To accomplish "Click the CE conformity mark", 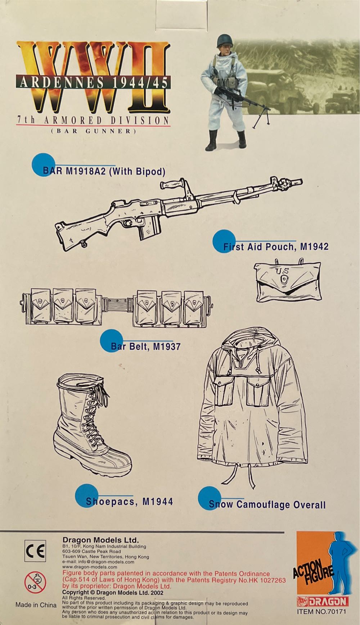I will click(x=35, y=551).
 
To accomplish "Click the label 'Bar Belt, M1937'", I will click(x=145, y=347).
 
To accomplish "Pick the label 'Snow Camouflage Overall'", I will click(x=267, y=504).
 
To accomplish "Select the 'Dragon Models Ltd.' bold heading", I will click(x=100, y=540).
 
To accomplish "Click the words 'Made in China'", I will click(x=36, y=605).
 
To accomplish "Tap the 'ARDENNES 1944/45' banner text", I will click(x=94, y=83).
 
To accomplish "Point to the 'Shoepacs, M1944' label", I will click(x=129, y=501).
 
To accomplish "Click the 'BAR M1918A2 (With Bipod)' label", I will click(x=104, y=171).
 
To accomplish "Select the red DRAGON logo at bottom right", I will click(x=322, y=601).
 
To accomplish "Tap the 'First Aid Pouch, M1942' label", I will click(x=276, y=246).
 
